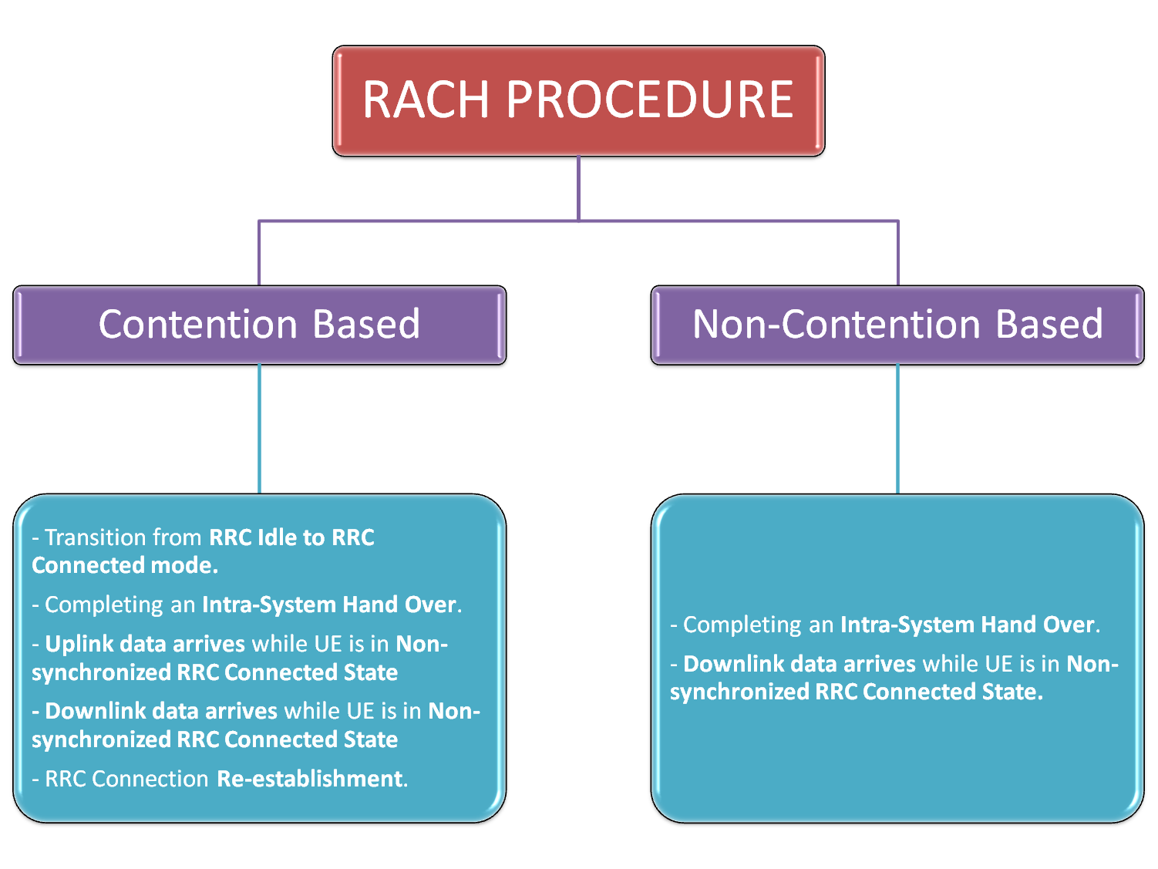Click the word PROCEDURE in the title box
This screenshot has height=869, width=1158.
tap(649, 100)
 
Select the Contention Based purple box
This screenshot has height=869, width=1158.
tap(259, 325)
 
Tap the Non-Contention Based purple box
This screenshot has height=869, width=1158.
tap(897, 325)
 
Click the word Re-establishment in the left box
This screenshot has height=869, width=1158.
tap(310, 779)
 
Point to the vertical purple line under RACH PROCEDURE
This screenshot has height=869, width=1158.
tap(578, 189)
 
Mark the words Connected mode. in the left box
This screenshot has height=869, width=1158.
tap(125, 566)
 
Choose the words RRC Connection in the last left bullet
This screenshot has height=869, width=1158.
tap(126, 779)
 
